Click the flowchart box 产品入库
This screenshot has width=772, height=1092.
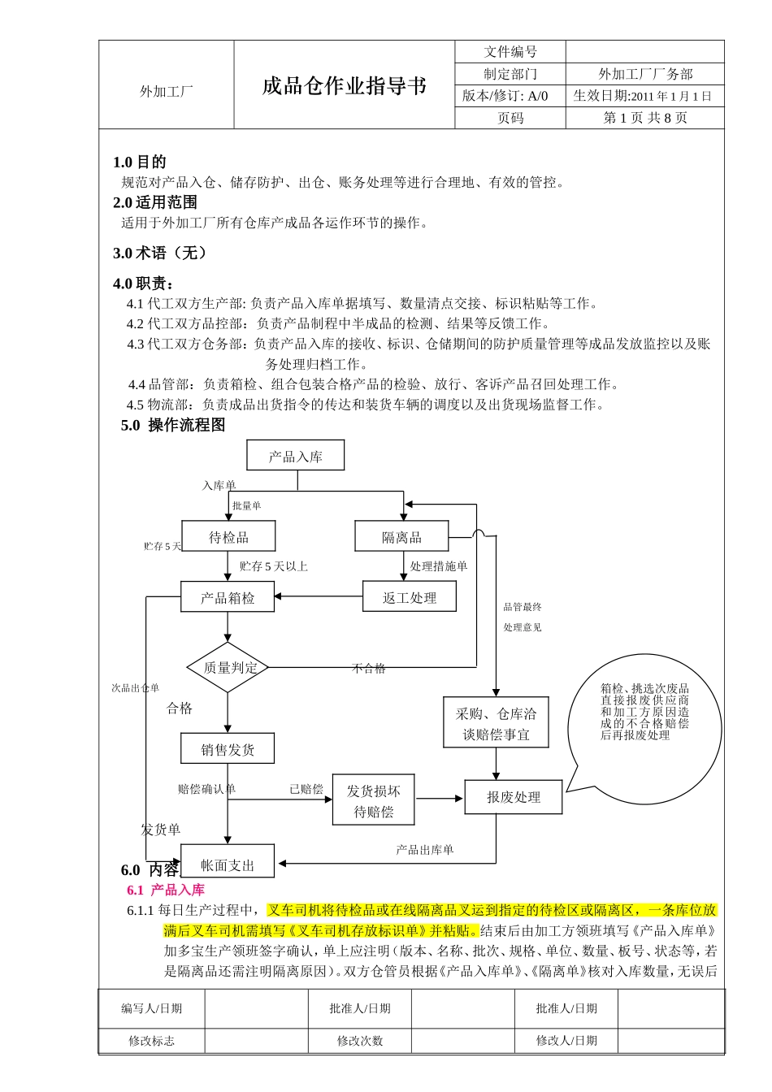click(296, 456)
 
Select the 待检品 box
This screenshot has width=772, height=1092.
click(228, 537)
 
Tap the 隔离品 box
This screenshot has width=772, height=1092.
click(401, 537)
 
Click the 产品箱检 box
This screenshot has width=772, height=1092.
click(228, 598)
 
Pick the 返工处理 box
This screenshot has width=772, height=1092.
click(409, 597)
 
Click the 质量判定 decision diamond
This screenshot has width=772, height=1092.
click(228, 667)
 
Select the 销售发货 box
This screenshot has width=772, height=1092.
click(228, 748)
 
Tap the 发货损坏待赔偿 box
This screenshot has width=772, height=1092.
click(373, 800)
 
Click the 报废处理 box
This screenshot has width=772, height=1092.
click(513, 797)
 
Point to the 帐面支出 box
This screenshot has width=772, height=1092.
click(228, 864)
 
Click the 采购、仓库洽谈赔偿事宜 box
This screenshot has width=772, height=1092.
click(496, 723)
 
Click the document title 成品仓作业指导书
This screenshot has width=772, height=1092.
click(345, 86)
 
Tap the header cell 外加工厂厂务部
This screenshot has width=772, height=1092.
click(645, 74)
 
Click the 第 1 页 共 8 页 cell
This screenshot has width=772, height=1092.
click(645, 118)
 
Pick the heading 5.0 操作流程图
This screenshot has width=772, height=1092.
click(173, 425)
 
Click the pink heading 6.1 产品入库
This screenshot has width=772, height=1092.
click(166, 890)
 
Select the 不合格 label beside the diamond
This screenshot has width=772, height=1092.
click(368, 668)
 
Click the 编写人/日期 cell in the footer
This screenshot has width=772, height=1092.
click(152, 1008)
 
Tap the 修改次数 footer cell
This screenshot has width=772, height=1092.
click(360, 1041)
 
